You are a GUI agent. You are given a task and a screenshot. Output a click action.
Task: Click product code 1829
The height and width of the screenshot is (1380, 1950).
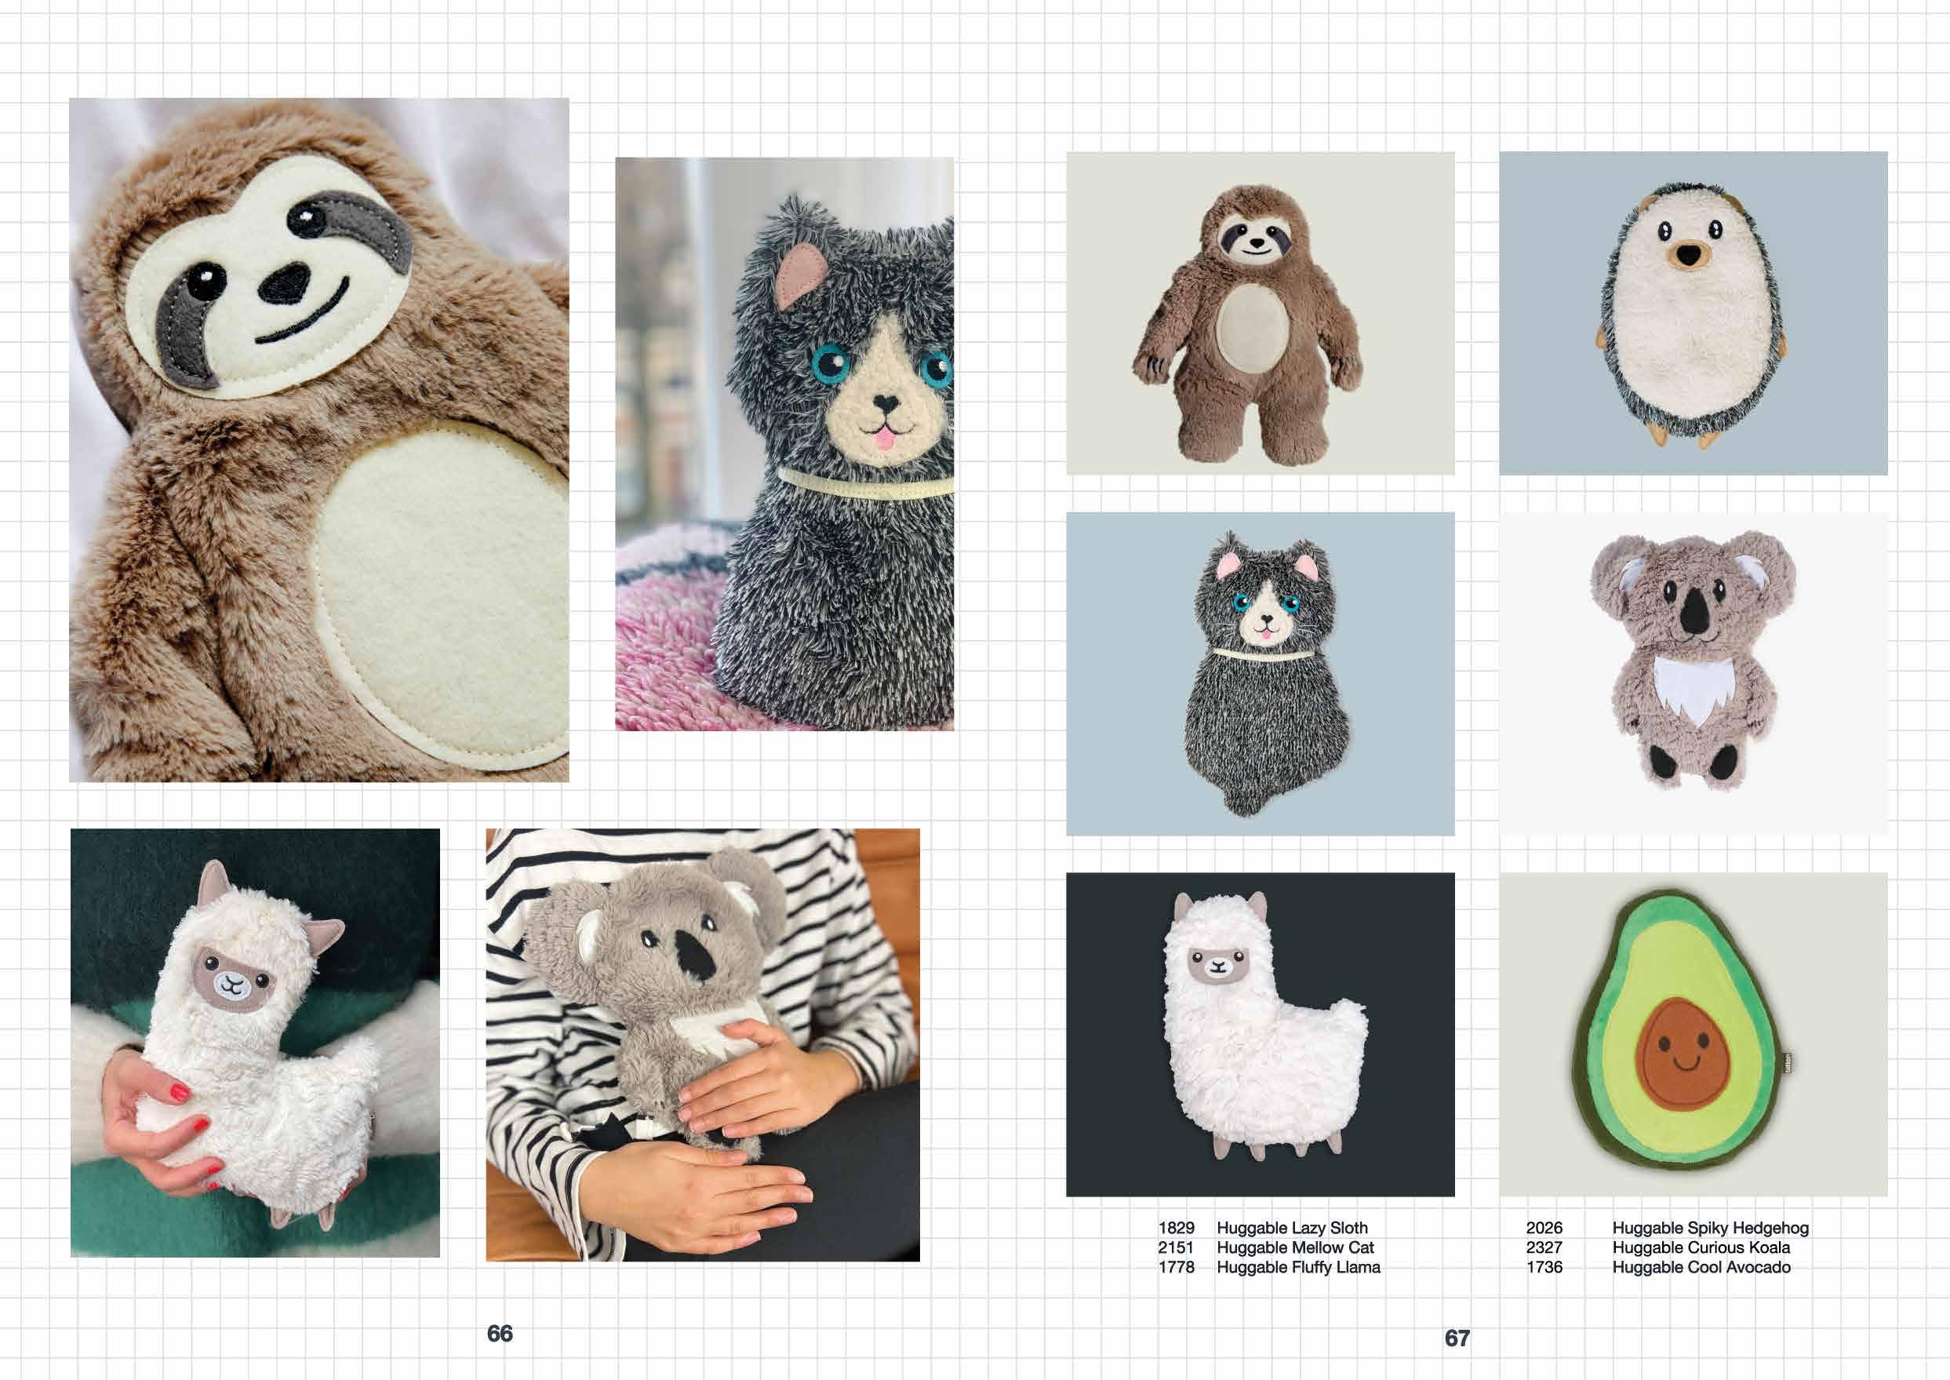1176,1228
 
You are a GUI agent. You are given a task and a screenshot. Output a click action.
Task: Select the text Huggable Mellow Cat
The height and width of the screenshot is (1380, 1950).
1295,1247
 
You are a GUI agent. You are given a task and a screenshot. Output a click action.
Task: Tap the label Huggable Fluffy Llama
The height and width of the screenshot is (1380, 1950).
1298,1267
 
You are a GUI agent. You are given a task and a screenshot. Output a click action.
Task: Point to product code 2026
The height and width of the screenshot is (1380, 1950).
1544,1228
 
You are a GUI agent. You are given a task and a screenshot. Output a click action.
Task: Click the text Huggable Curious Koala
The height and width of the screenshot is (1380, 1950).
1701,1247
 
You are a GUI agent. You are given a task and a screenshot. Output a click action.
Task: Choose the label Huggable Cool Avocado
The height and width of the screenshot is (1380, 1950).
1701,1267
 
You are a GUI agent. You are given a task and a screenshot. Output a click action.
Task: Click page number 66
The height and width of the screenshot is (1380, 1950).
500,1333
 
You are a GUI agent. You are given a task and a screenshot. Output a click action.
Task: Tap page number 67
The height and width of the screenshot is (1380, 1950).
1457,1338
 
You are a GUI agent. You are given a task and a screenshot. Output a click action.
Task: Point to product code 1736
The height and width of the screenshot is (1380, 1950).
1544,1267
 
